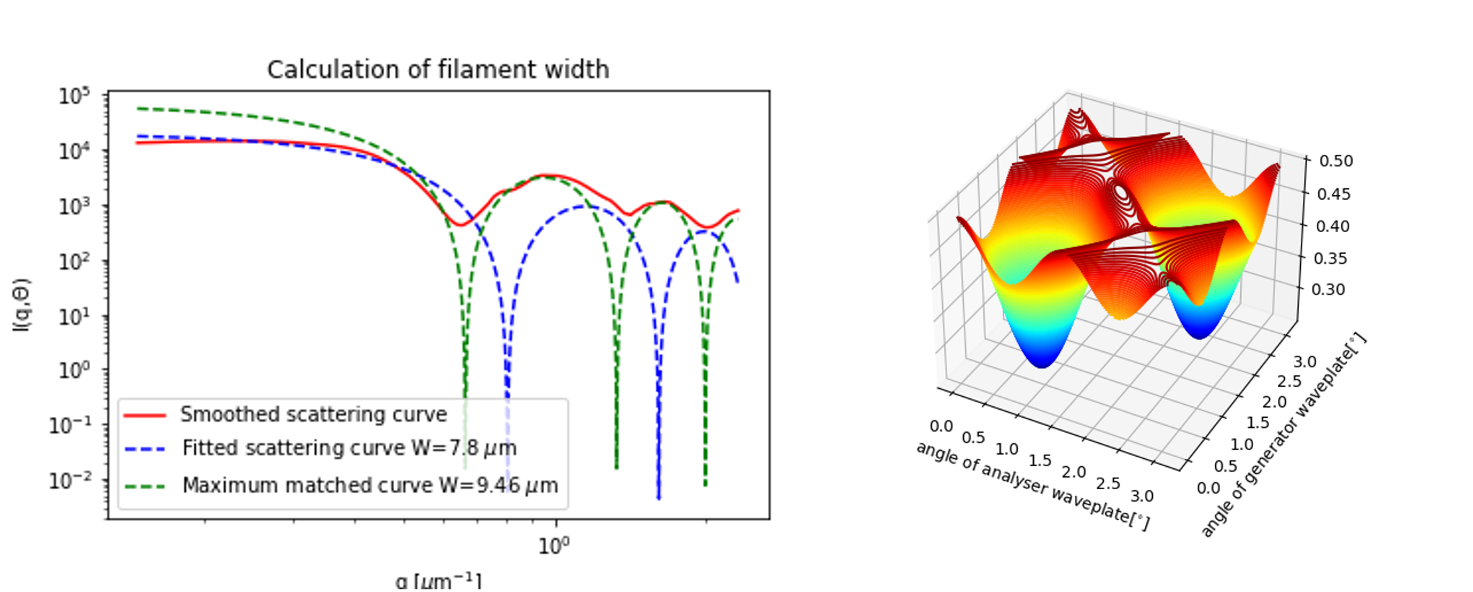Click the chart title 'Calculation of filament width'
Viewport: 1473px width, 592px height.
pyautogui.click(x=438, y=70)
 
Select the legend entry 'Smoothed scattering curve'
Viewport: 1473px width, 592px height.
pyautogui.click(x=313, y=414)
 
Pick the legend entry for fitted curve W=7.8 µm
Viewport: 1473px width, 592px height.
pyautogui.click(x=349, y=448)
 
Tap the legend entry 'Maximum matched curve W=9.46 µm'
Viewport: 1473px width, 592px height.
pyautogui.click(x=370, y=485)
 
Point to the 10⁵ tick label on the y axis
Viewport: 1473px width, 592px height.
pyautogui.click(x=74, y=96)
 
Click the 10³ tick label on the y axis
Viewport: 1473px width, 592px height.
pyautogui.click(x=74, y=206)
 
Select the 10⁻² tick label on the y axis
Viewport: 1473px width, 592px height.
pyautogui.click(x=70, y=481)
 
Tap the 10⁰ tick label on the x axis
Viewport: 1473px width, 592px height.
pyautogui.click(x=554, y=546)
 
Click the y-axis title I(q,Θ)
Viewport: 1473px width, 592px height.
pyautogui.click(x=22, y=305)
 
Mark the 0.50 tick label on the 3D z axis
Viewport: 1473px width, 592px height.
pyautogui.click(x=1336, y=161)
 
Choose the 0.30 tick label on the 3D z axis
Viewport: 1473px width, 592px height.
pyautogui.click(x=1328, y=290)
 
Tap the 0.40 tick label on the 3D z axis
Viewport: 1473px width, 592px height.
pyautogui.click(x=1332, y=226)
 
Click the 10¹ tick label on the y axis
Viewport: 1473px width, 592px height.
pyautogui.click(x=74, y=316)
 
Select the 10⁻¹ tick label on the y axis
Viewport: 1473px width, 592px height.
pyautogui.click(x=70, y=426)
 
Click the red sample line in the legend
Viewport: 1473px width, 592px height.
pyautogui.click(x=145, y=416)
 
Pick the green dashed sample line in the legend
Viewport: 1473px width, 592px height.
pyautogui.click(x=145, y=486)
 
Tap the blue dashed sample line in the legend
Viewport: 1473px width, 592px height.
pyautogui.click(x=145, y=449)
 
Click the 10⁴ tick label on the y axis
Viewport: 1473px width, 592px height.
pyautogui.click(x=74, y=151)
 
